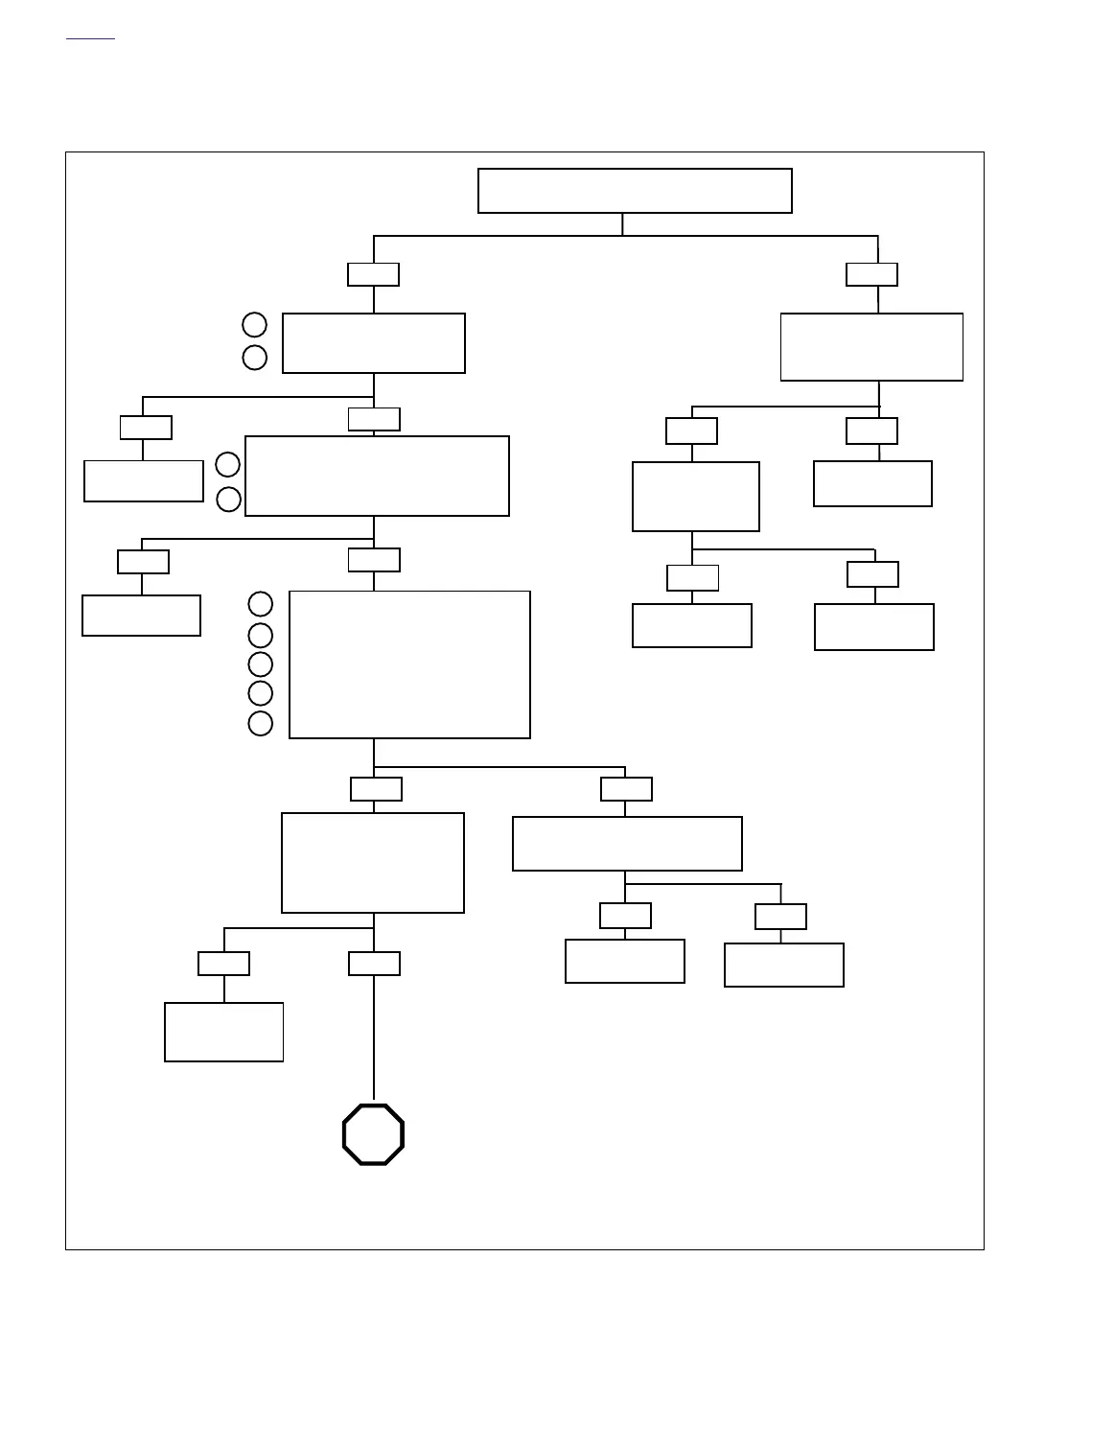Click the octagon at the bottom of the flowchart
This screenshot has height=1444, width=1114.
tap(373, 1134)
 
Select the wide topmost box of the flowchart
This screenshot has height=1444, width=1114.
tap(635, 191)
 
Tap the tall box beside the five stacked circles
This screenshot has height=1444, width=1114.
tap(409, 664)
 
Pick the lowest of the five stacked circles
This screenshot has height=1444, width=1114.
tap(261, 723)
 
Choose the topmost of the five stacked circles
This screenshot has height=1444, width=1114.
tap(261, 604)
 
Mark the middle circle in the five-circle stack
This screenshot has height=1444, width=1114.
tap(261, 664)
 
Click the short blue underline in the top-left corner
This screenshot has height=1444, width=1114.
tap(90, 39)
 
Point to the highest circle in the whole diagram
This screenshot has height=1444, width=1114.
tap(254, 324)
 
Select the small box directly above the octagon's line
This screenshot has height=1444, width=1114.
tap(374, 964)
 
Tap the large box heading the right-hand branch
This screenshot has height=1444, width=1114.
tap(871, 347)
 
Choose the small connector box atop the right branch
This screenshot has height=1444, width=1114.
tap(871, 274)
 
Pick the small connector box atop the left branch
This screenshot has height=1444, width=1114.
tap(373, 274)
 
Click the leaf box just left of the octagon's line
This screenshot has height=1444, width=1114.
tap(223, 1032)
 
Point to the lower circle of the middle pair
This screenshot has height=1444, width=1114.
tap(228, 500)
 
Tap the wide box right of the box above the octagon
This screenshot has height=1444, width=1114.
tap(627, 844)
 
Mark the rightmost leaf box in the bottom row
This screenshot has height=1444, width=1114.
tap(783, 965)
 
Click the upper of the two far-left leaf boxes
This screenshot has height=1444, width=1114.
tap(144, 480)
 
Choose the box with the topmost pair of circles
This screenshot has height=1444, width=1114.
tap(374, 343)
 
